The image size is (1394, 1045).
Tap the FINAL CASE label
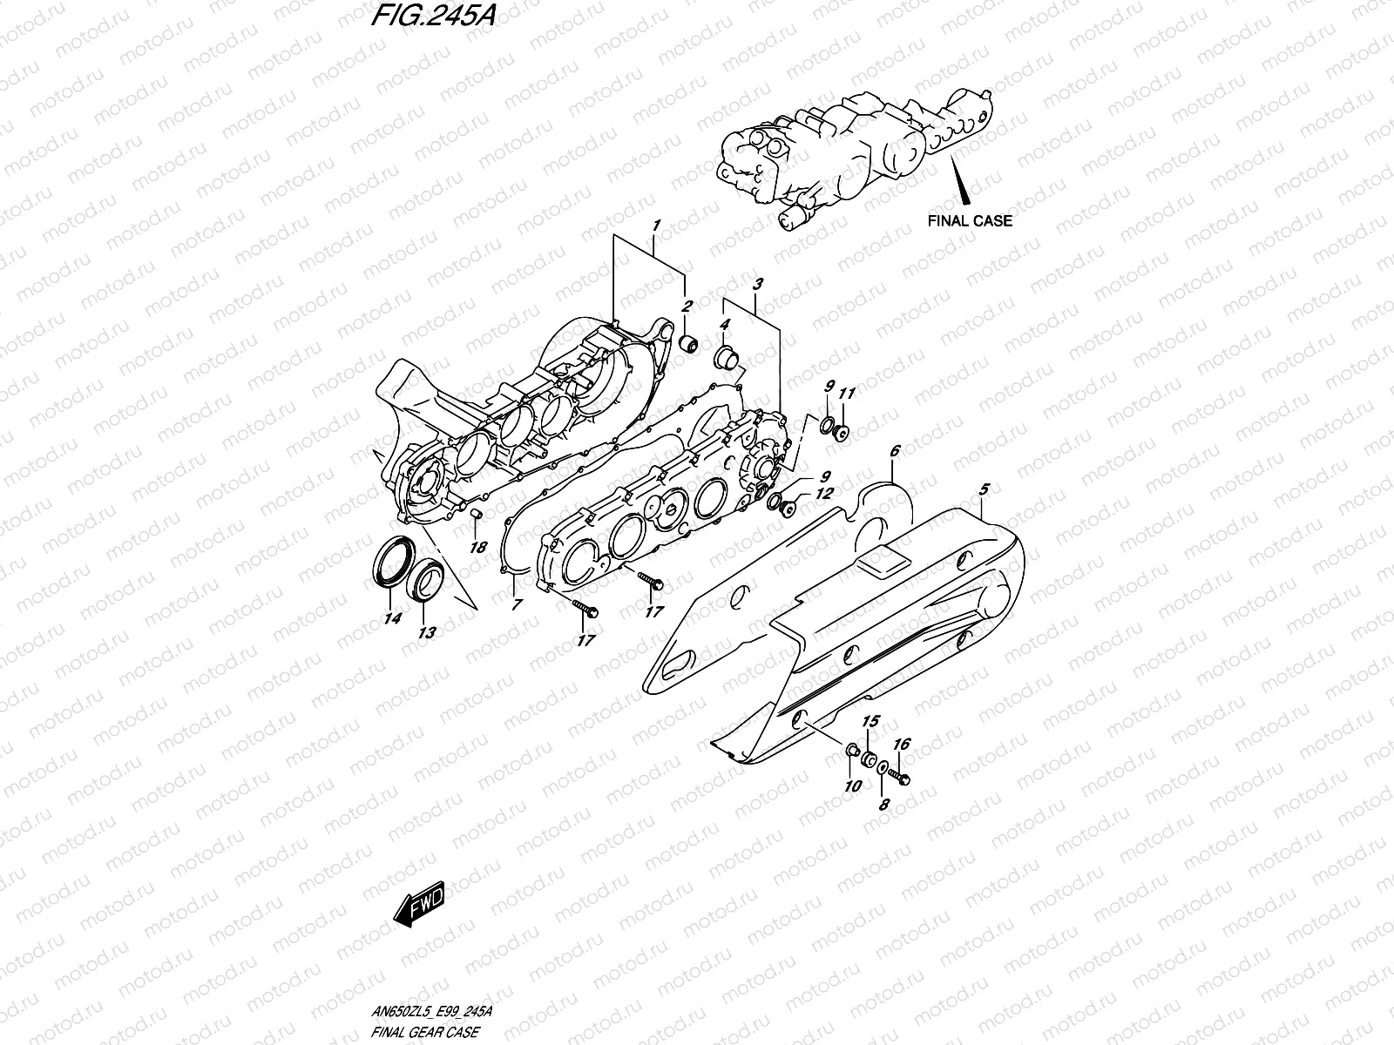tap(970, 220)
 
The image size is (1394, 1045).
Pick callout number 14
tap(392, 619)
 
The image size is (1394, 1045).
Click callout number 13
tap(427, 633)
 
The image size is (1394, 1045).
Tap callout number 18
tap(477, 547)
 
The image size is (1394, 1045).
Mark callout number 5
tap(985, 490)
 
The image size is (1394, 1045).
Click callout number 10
tap(852, 785)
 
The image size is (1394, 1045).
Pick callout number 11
tap(846, 394)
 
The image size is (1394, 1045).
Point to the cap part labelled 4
tap(725, 356)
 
